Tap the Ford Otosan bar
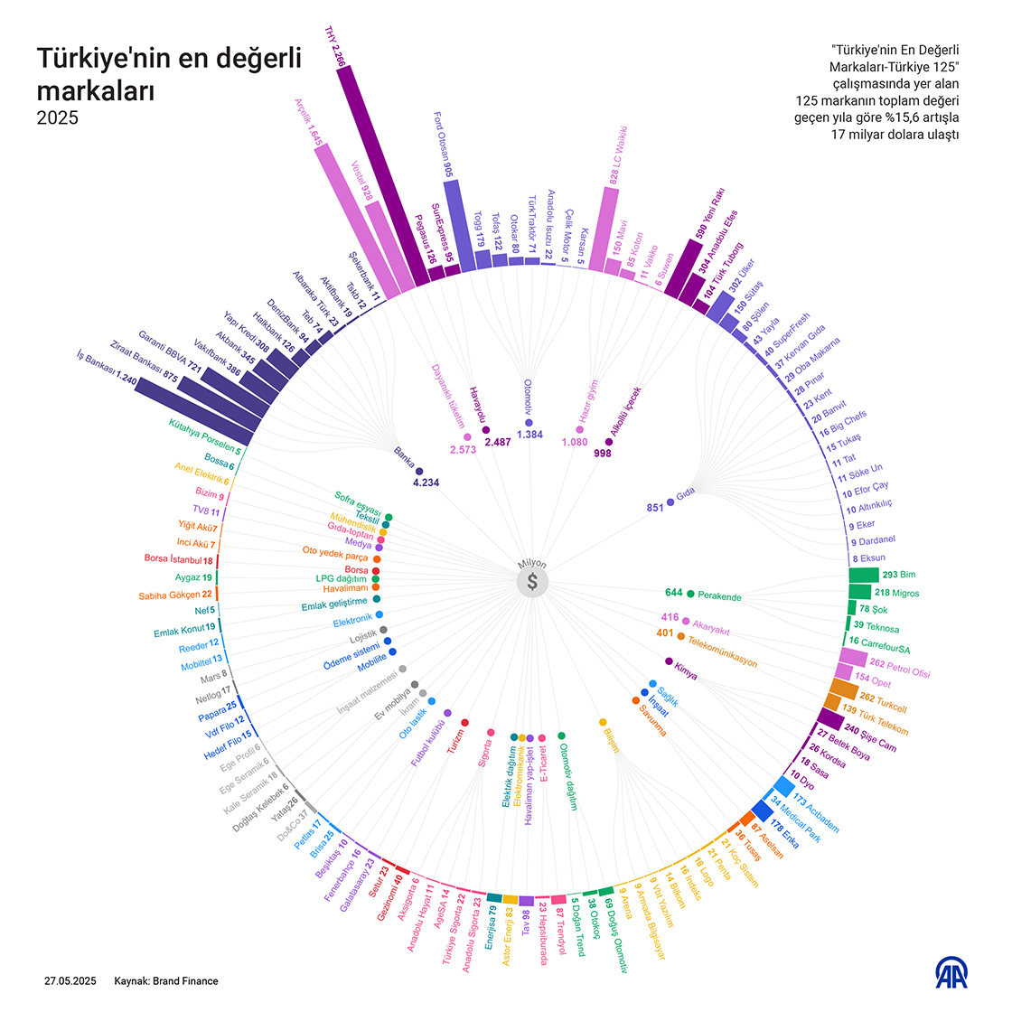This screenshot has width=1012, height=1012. tap(458, 226)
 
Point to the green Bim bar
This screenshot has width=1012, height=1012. tap(863, 575)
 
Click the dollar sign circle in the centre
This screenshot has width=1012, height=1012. tap(532, 582)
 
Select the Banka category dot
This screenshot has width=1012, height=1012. tap(419, 471)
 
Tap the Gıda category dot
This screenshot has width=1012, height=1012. tap(670, 501)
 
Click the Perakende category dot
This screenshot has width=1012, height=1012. tap(691, 594)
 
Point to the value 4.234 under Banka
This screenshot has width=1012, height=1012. tap(426, 483)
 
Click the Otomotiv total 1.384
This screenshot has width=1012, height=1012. tap(529, 435)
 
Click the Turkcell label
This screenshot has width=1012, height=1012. tap(891, 703)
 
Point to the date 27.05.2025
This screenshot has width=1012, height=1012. tap(70, 981)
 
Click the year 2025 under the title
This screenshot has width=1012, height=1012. tap(57, 118)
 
